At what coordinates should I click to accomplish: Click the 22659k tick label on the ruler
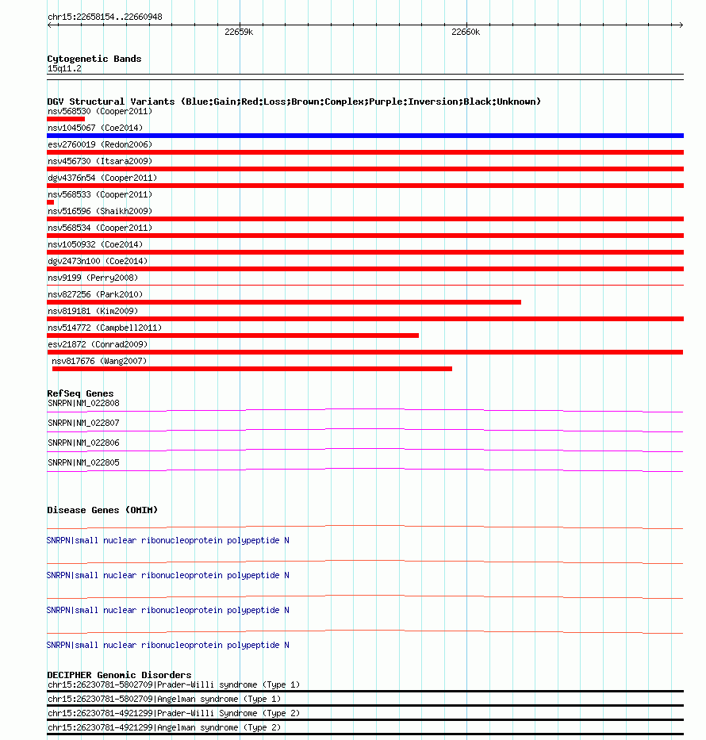point(238,33)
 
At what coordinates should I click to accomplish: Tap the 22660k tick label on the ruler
point(466,33)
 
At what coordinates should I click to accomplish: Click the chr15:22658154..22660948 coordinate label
point(105,17)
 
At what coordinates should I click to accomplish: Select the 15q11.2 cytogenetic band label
point(64,68)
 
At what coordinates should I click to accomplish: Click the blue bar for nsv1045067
point(365,136)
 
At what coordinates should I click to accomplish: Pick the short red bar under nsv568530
point(66,119)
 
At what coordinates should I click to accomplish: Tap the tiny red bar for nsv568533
point(51,202)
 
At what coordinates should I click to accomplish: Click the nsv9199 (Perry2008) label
point(92,278)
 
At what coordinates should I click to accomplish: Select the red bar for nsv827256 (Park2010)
point(284,302)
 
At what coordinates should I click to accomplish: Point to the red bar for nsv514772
point(232,335)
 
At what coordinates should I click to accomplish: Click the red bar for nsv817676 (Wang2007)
point(252,369)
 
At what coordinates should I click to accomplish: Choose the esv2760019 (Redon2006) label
point(99,144)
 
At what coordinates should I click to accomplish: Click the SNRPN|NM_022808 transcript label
point(83,403)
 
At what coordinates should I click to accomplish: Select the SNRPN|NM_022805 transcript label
point(83,462)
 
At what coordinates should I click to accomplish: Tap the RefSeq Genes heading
point(80,393)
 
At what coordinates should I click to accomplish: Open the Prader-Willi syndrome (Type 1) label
point(229,684)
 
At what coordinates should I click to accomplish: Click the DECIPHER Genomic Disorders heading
point(119,675)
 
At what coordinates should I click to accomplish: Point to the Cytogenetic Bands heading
point(94,59)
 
